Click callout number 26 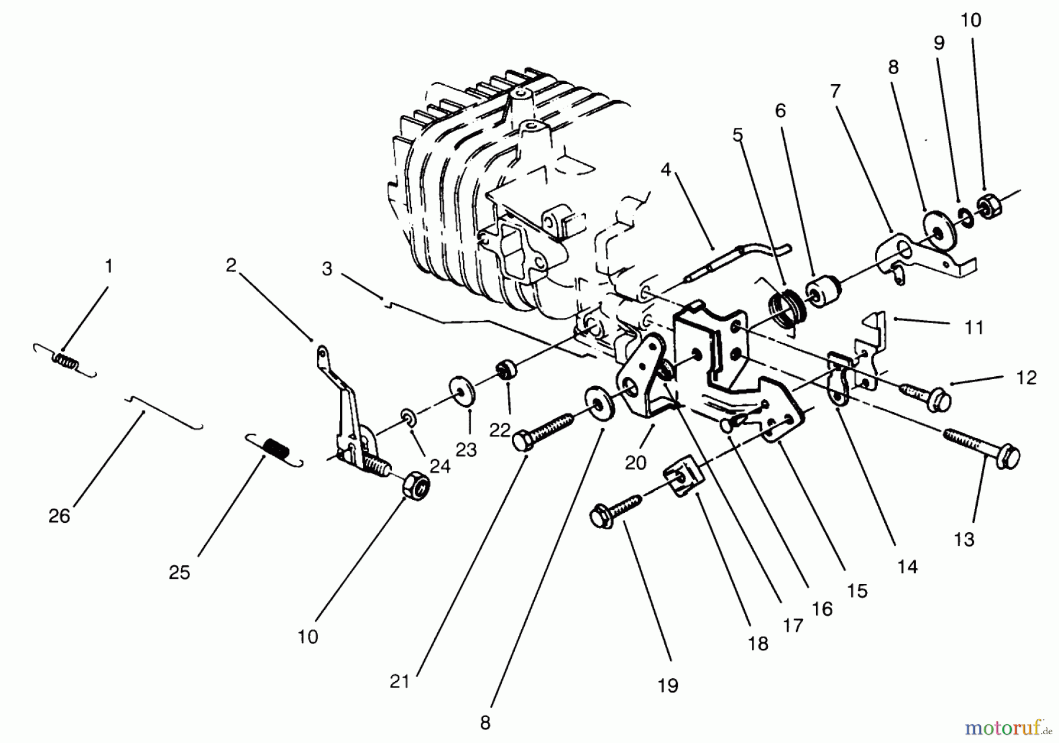tap(59, 516)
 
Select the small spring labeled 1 tap(65, 360)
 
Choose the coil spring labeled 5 tap(785, 304)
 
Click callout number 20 tap(635, 463)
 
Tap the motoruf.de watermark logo tap(1007, 728)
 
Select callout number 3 tap(327, 269)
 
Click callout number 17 tap(793, 625)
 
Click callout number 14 tap(907, 566)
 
